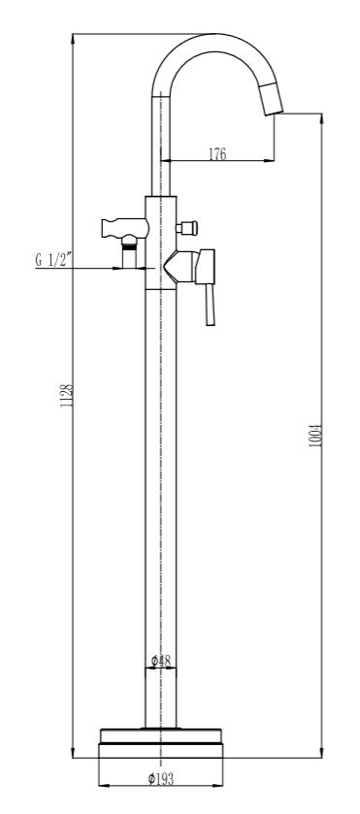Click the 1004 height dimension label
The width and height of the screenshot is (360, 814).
point(316,436)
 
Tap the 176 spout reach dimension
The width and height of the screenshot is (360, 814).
point(217,154)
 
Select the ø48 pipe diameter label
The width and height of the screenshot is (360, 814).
point(160,661)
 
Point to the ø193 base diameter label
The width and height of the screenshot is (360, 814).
point(160,779)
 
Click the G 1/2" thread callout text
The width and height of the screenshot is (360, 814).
point(53,260)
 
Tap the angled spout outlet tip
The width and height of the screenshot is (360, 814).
point(274,106)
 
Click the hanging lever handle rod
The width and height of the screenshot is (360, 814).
point(210,305)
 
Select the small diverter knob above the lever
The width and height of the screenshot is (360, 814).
point(187,227)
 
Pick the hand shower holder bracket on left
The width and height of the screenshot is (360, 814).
point(124,226)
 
